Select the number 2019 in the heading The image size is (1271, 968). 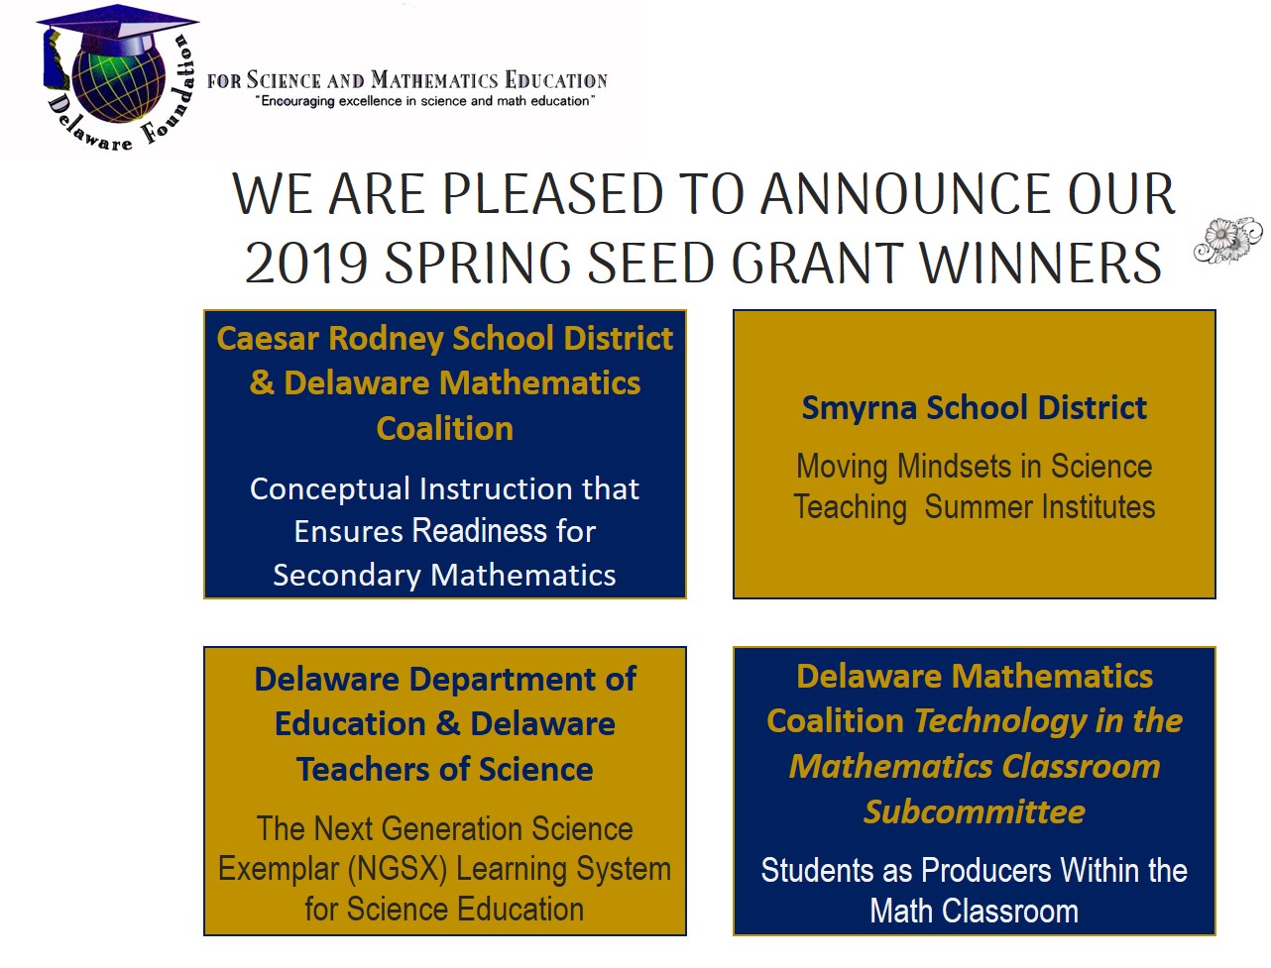click(x=306, y=264)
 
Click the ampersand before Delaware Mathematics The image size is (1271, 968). click(x=262, y=383)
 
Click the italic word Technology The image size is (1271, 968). click(x=1000, y=721)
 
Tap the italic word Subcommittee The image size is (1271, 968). click(x=975, y=812)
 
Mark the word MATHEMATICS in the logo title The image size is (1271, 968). click(x=434, y=80)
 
